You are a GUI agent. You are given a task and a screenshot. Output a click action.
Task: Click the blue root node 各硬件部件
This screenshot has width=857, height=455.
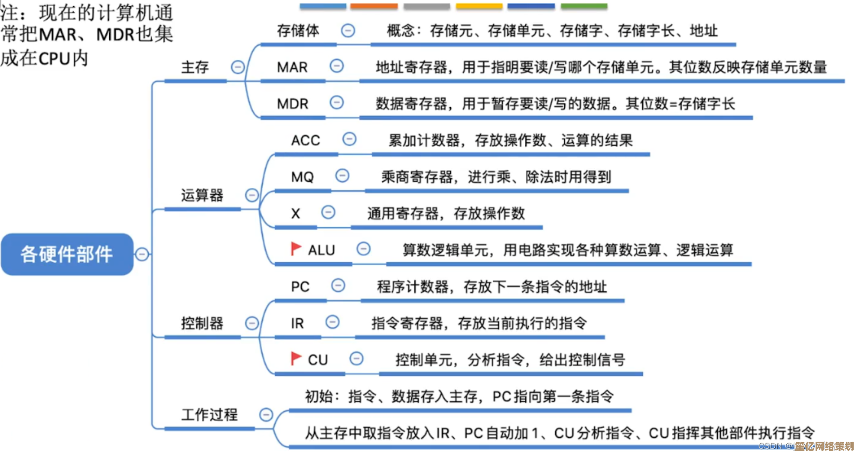click(67, 254)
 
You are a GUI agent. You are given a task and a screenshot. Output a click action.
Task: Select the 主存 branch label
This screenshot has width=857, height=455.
click(195, 67)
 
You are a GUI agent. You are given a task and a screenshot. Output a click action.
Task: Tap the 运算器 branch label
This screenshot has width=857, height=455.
click(202, 195)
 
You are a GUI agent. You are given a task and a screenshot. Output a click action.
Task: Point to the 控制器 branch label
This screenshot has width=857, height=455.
click(202, 323)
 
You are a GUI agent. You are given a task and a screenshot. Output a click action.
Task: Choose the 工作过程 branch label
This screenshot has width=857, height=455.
click(209, 415)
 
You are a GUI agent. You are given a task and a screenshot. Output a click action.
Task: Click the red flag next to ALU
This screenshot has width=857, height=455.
click(296, 248)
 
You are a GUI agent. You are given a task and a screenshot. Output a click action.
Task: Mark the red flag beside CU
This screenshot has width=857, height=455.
click(296, 358)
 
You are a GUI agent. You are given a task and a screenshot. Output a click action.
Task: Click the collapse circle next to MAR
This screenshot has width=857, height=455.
click(337, 65)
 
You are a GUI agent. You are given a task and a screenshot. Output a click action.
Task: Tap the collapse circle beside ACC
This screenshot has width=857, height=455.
click(349, 139)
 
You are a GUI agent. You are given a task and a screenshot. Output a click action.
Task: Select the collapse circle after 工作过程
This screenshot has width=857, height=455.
click(266, 415)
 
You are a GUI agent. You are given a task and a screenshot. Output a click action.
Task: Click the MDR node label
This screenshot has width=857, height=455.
click(292, 103)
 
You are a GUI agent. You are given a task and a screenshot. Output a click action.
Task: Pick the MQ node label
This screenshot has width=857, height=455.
click(302, 177)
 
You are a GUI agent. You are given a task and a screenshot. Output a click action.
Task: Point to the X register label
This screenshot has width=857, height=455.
click(295, 214)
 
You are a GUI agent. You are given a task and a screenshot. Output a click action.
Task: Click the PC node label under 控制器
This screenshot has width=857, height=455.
click(300, 287)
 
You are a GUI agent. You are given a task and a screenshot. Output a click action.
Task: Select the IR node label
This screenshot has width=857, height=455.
click(297, 323)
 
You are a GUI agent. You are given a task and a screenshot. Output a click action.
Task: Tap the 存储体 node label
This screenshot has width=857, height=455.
click(298, 31)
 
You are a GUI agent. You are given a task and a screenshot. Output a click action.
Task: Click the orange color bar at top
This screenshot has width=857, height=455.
click(374, 6)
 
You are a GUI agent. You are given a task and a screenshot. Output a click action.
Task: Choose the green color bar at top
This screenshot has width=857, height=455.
click(584, 6)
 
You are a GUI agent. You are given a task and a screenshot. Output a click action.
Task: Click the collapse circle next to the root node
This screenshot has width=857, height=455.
click(142, 254)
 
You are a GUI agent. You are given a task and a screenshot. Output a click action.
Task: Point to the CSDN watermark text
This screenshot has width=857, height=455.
click(774, 446)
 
